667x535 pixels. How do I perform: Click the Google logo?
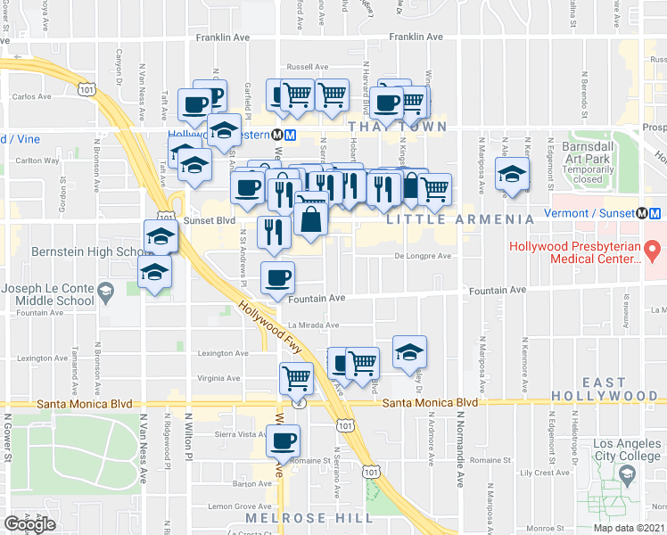[29, 524]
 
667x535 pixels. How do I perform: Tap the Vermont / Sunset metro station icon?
[655, 214]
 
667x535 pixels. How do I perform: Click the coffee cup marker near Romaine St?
[284, 440]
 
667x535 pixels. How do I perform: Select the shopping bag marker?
[309, 220]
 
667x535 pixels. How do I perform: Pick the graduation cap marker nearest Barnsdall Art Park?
[513, 174]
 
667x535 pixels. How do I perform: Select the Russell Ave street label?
[307, 67]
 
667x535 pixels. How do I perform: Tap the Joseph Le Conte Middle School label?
[49, 294]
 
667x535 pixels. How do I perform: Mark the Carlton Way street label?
[36, 161]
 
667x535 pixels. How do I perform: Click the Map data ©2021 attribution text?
[629, 528]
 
